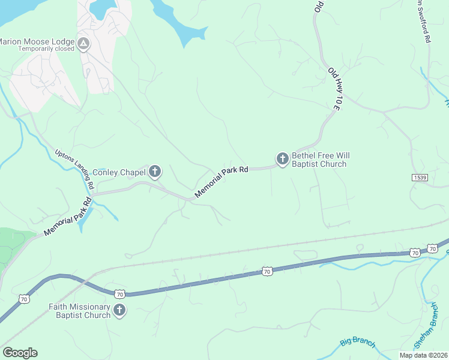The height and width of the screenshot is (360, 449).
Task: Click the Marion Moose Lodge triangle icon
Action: coord(83,43)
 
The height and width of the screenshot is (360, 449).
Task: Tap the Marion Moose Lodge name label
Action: coord(37,41)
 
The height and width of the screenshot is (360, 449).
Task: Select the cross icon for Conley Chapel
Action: coord(155,172)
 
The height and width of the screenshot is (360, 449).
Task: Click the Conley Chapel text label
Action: coord(119,173)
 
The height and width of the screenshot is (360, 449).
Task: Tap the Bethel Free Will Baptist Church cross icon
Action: coord(282,159)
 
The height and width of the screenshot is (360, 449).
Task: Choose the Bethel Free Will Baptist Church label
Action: coord(319,160)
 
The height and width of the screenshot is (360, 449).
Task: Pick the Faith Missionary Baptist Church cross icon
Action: coord(119,310)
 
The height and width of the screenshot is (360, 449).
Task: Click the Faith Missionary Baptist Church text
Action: coord(80,311)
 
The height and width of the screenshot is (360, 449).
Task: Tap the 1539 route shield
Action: coord(420,178)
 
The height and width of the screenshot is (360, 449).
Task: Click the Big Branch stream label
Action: coord(357,343)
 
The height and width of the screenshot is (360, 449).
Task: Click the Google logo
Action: coord(20,353)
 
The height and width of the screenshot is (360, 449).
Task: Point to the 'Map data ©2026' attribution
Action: coord(423,355)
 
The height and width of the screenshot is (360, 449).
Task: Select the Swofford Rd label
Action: coord(424,21)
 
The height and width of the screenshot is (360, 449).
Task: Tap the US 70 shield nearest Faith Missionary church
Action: coord(120,294)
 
